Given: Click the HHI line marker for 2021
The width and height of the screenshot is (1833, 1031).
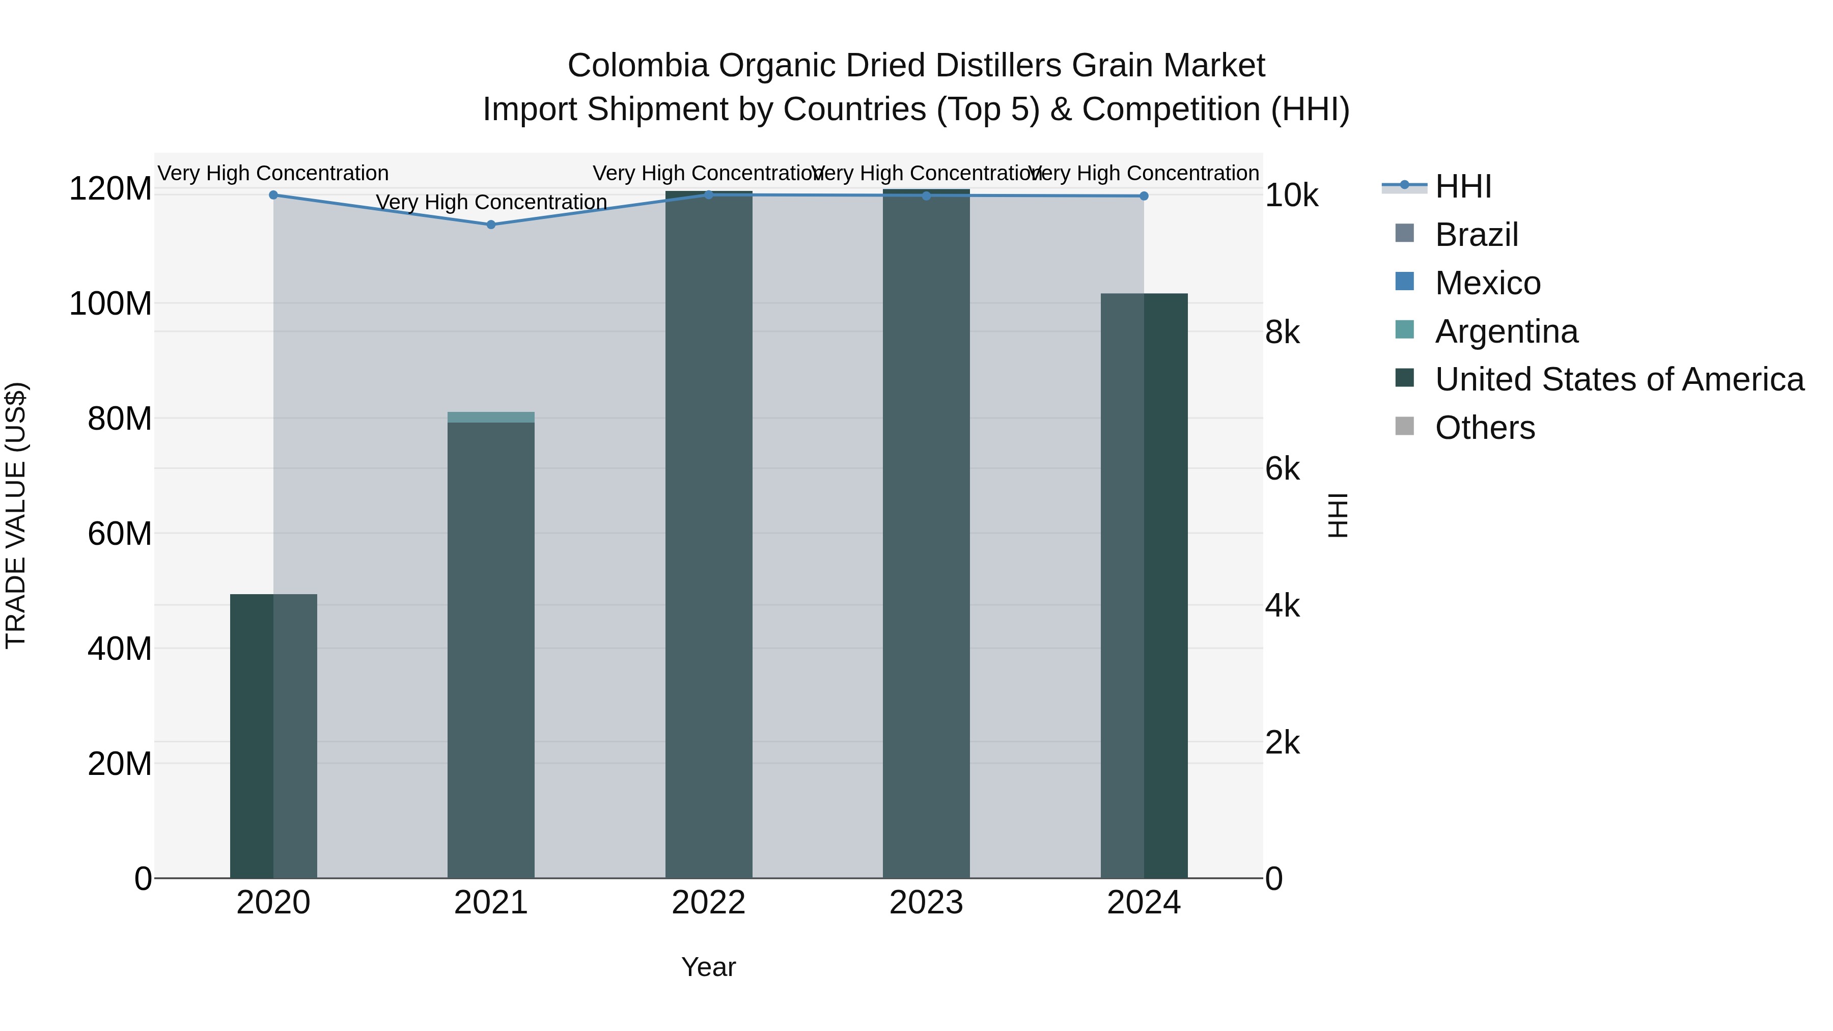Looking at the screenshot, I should click(x=491, y=225).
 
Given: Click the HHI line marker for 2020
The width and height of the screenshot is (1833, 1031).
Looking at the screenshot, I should click(x=273, y=195).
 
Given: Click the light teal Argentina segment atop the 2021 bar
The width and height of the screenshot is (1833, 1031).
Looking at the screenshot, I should click(x=491, y=417).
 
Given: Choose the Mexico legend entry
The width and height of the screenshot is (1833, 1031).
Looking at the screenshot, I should click(x=1487, y=283).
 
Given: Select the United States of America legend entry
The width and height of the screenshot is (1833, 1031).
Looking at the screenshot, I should click(x=1619, y=379).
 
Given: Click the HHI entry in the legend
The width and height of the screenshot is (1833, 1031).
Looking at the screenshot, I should click(x=1462, y=186).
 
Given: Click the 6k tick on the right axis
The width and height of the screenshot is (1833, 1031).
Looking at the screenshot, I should click(x=1282, y=469).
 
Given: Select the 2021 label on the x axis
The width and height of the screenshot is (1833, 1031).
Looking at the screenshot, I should click(x=491, y=903).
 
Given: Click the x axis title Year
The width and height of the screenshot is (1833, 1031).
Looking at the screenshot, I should click(x=709, y=967).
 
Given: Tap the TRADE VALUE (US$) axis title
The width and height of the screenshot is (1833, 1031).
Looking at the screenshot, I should click(x=16, y=515).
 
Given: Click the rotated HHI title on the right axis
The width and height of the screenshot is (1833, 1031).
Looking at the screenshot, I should click(x=1338, y=515).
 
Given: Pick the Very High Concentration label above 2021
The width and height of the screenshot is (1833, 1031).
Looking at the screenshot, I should click(x=491, y=202).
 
